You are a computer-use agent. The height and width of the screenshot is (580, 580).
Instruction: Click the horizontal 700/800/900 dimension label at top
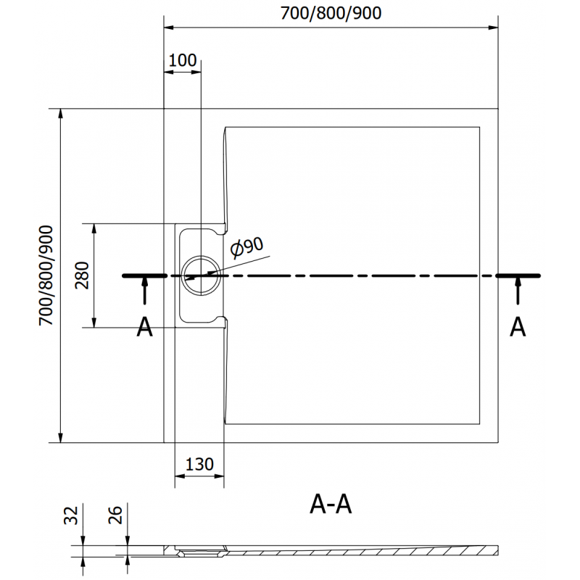tap(332, 12)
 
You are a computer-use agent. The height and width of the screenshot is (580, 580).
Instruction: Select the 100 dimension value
tap(182, 60)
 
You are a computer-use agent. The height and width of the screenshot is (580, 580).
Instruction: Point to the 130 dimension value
tap(199, 465)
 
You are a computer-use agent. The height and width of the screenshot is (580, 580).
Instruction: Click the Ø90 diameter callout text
tap(246, 249)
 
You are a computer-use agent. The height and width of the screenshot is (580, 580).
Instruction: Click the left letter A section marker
tap(145, 328)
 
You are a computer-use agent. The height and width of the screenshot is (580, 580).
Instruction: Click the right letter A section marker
tap(518, 328)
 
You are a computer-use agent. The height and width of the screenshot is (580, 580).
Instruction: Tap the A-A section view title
tap(331, 504)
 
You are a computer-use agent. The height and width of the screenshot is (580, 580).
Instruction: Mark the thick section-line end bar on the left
tap(144, 275)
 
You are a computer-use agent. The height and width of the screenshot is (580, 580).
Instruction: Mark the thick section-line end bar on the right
tap(518, 275)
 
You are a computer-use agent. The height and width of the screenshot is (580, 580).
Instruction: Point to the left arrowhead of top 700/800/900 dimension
tap(169, 28)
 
